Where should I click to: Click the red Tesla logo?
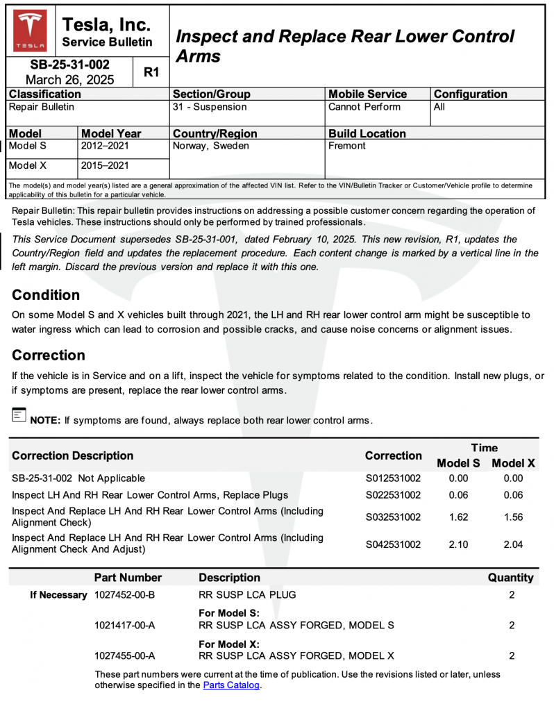pos(31,31)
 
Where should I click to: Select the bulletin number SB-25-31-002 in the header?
pos(70,65)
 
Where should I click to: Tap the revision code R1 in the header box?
pos(151,72)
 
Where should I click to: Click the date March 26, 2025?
pos(70,80)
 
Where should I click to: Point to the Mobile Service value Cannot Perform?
pos(364,107)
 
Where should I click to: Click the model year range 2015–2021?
pos(105,166)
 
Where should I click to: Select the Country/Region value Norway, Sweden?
pos(210,147)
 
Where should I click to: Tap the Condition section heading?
pos(46,294)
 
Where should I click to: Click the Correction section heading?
pos(49,355)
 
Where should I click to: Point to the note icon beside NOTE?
pos(19,415)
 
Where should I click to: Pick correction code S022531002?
pos(393,495)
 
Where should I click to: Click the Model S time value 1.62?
pos(458,517)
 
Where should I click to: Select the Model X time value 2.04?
pos(513,545)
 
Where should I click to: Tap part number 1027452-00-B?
pos(124,594)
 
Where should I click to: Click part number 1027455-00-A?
pos(124,655)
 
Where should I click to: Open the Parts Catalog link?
pos(232,685)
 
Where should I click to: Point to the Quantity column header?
pos(511,578)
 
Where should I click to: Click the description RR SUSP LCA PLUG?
pos(247,594)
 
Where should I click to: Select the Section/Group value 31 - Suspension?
pos(210,107)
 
